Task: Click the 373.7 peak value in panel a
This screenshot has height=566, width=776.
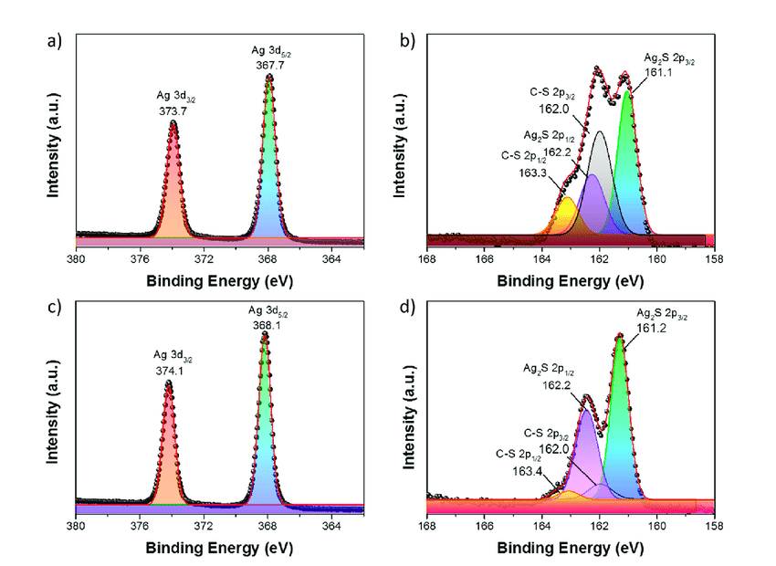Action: pyautogui.click(x=173, y=110)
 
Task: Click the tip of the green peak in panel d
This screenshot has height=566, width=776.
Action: pyautogui.click(x=620, y=337)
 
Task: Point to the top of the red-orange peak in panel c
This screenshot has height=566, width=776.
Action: pyautogui.click(x=169, y=383)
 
